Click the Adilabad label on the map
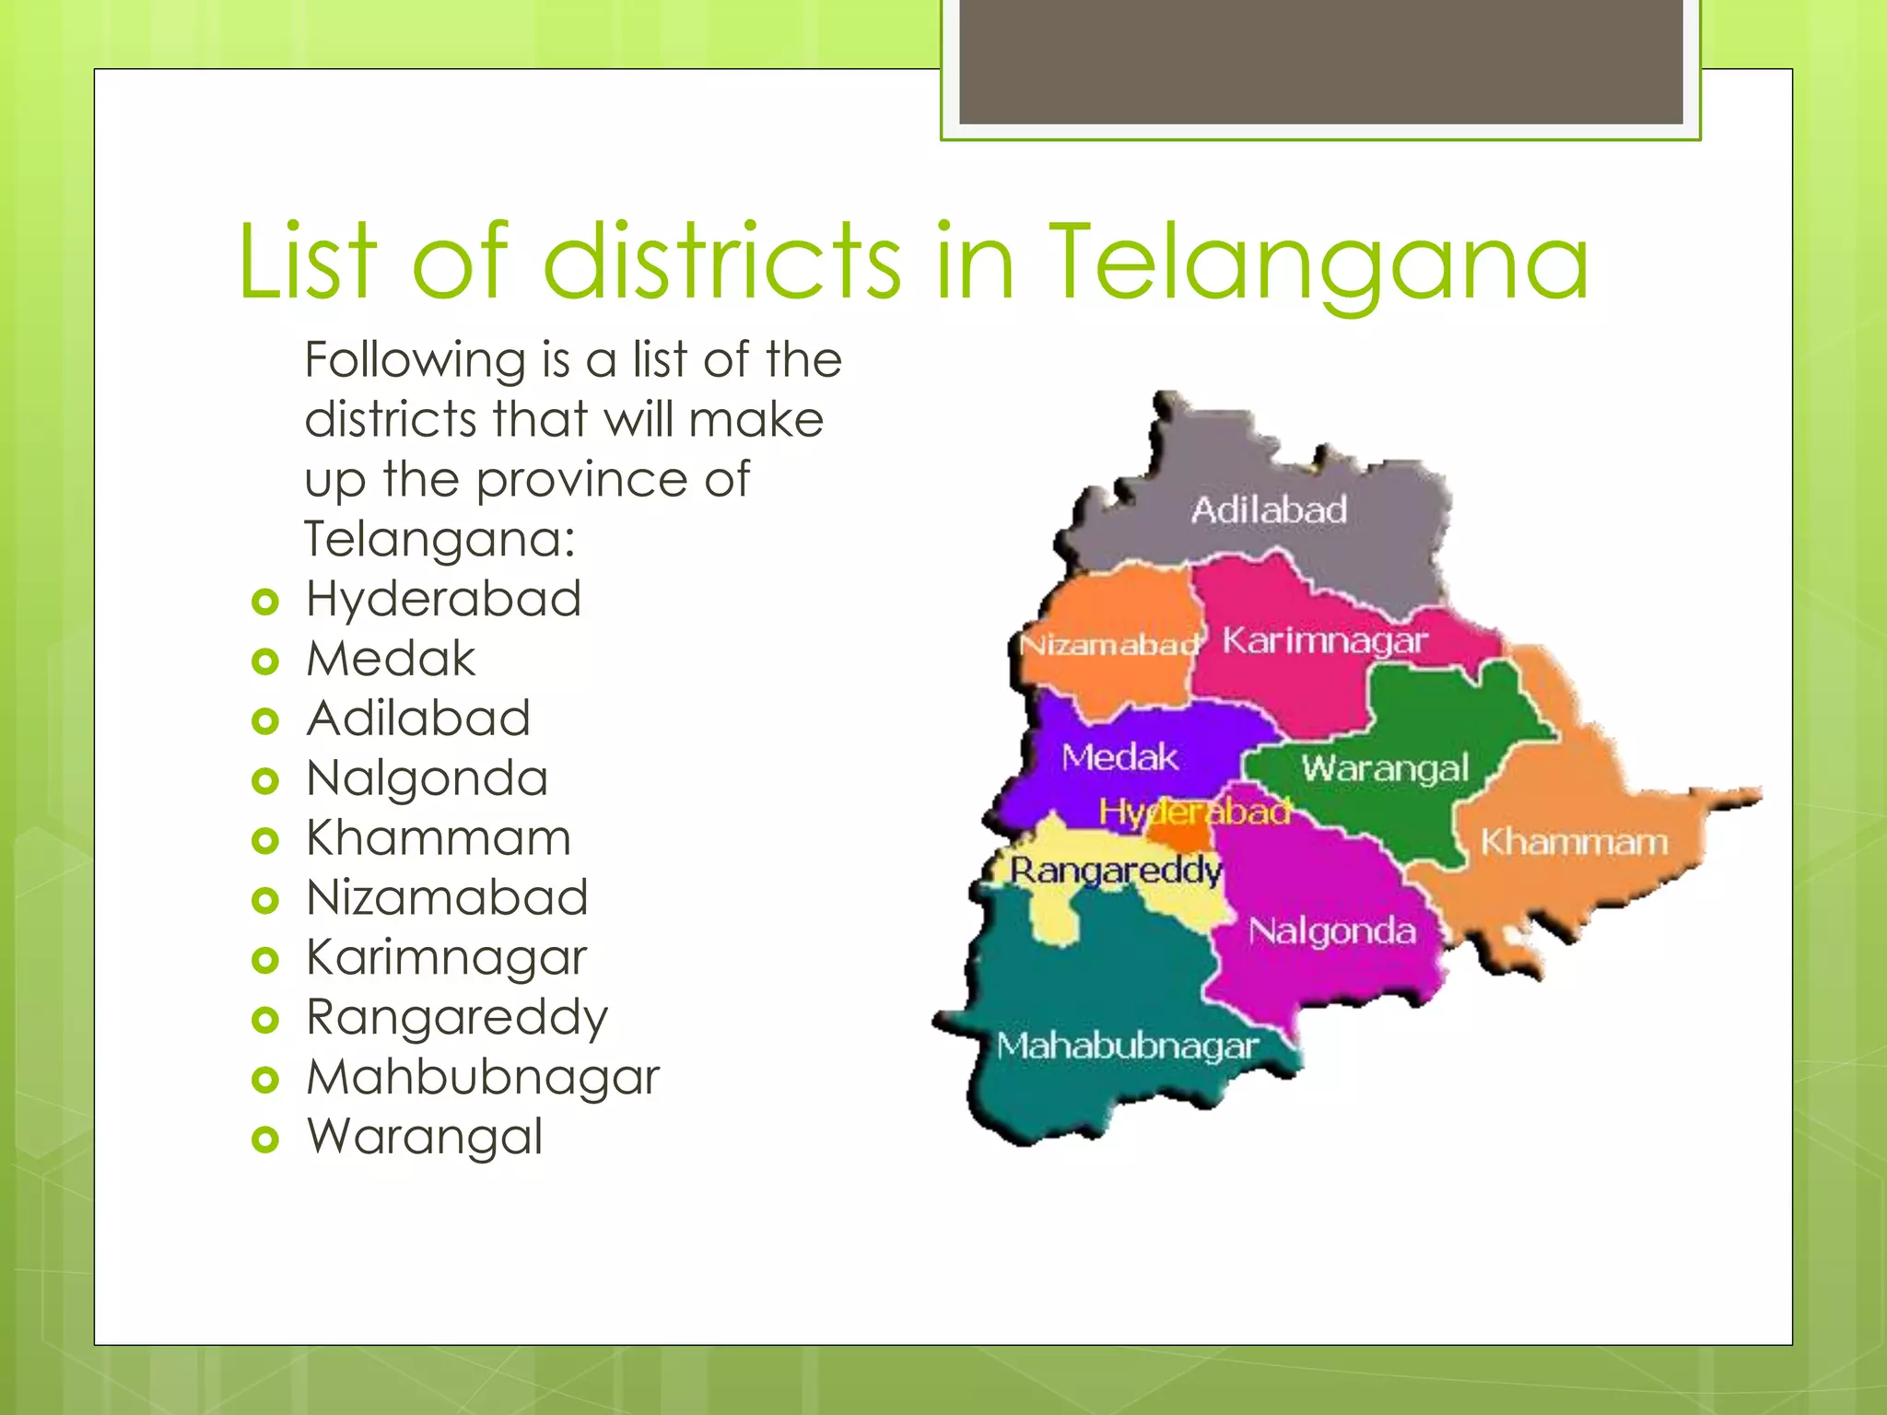click(x=1269, y=509)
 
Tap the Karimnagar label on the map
click(x=1325, y=640)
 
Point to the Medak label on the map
click(x=1119, y=757)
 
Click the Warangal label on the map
click(x=1385, y=768)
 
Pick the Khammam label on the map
click(x=1574, y=842)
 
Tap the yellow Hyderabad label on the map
click(x=1194, y=812)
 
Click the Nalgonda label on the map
click(x=1332, y=931)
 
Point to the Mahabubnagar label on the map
click(x=1127, y=1047)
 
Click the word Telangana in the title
click(x=1319, y=264)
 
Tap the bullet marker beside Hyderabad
click(x=264, y=602)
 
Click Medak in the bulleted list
click(x=391, y=660)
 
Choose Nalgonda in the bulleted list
click(x=428, y=779)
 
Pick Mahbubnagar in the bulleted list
click(x=483, y=1078)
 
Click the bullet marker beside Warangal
click(x=264, y=1140)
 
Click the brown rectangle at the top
click(x=1320, y=61)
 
